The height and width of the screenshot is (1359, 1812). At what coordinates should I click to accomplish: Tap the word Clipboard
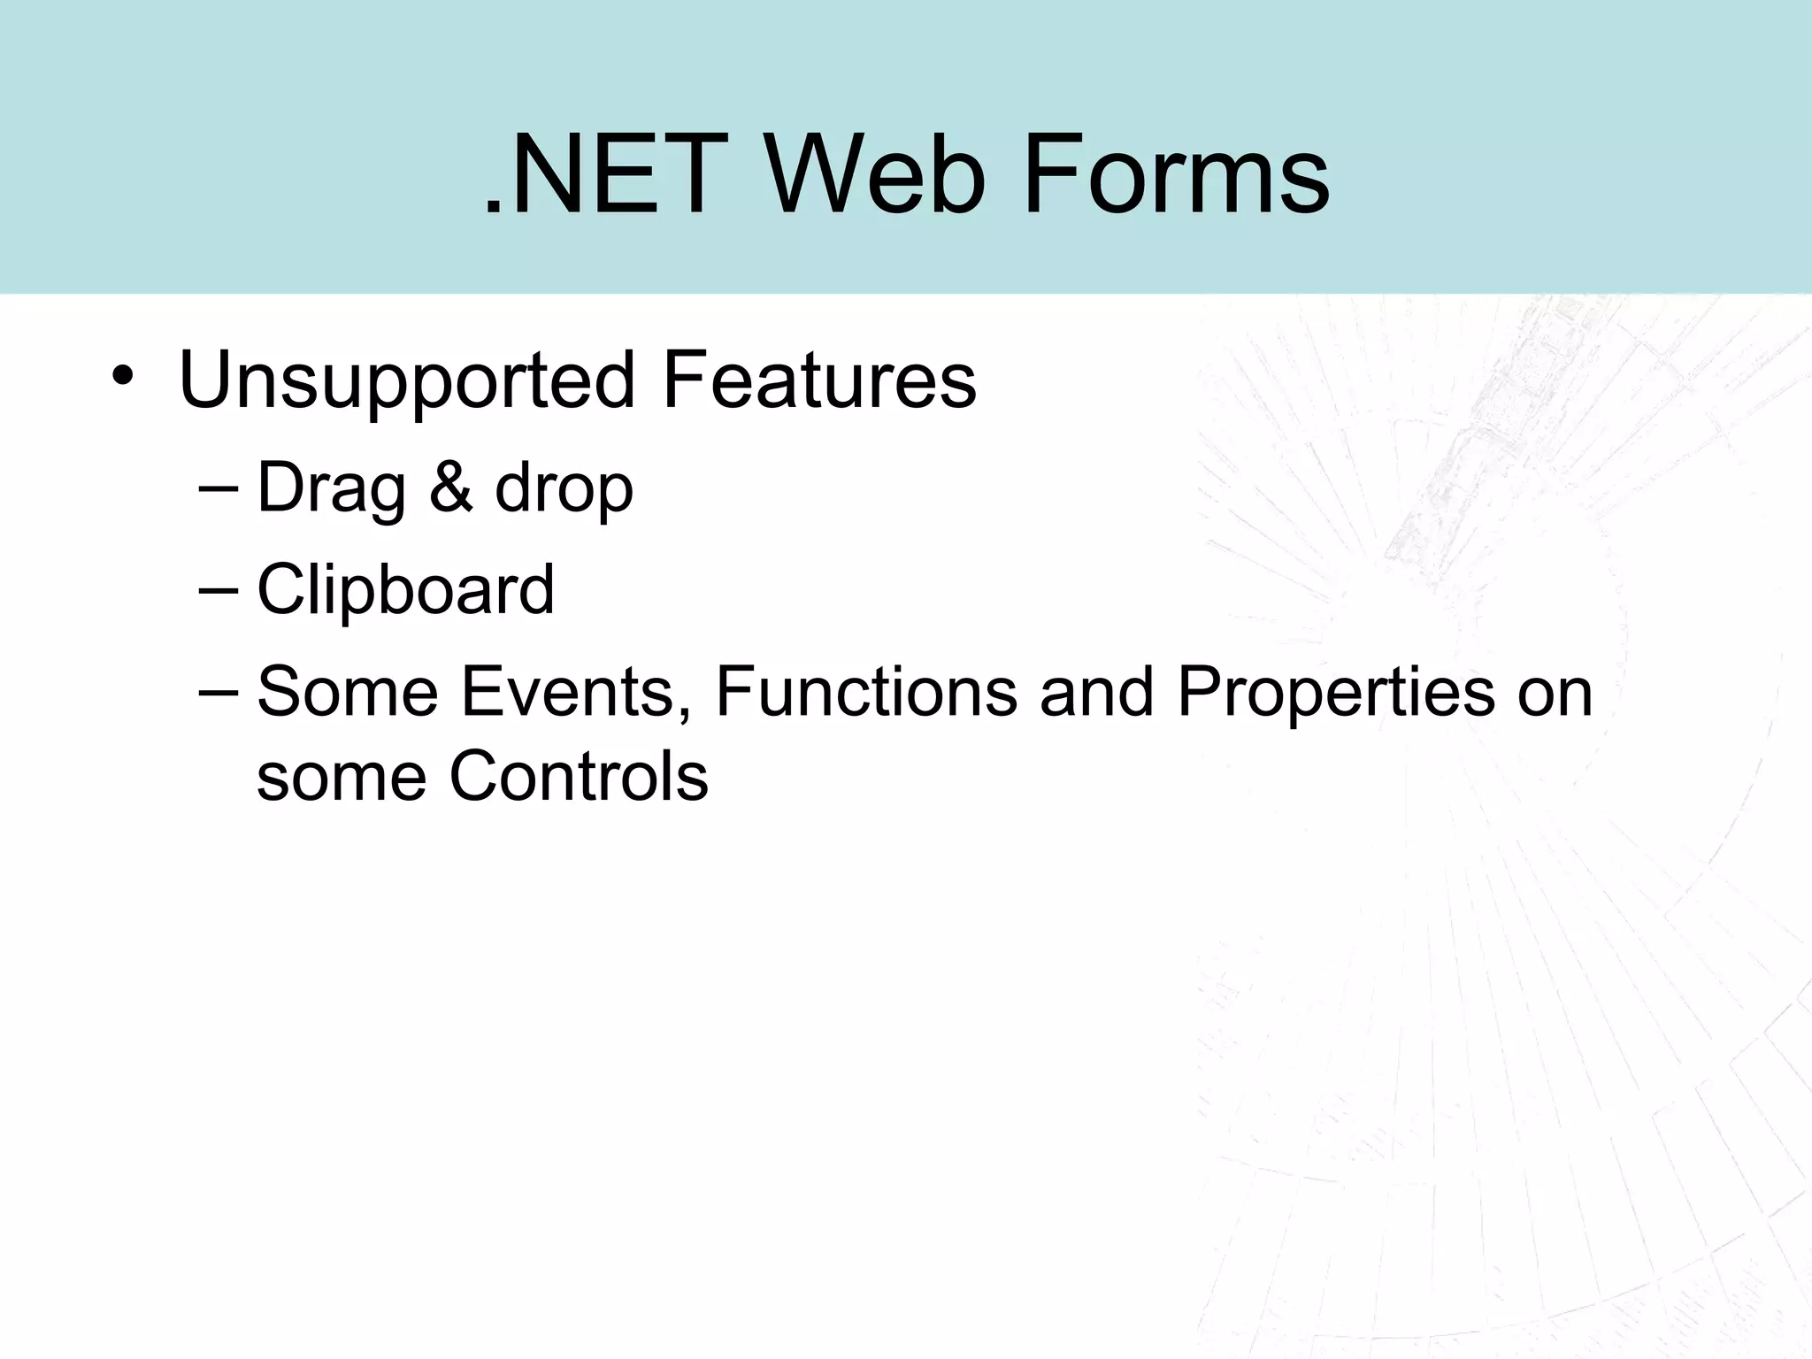[405, 589]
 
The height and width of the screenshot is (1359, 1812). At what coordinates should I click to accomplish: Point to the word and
[1097, 691]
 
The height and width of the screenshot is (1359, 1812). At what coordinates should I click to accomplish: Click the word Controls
[579, 776]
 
